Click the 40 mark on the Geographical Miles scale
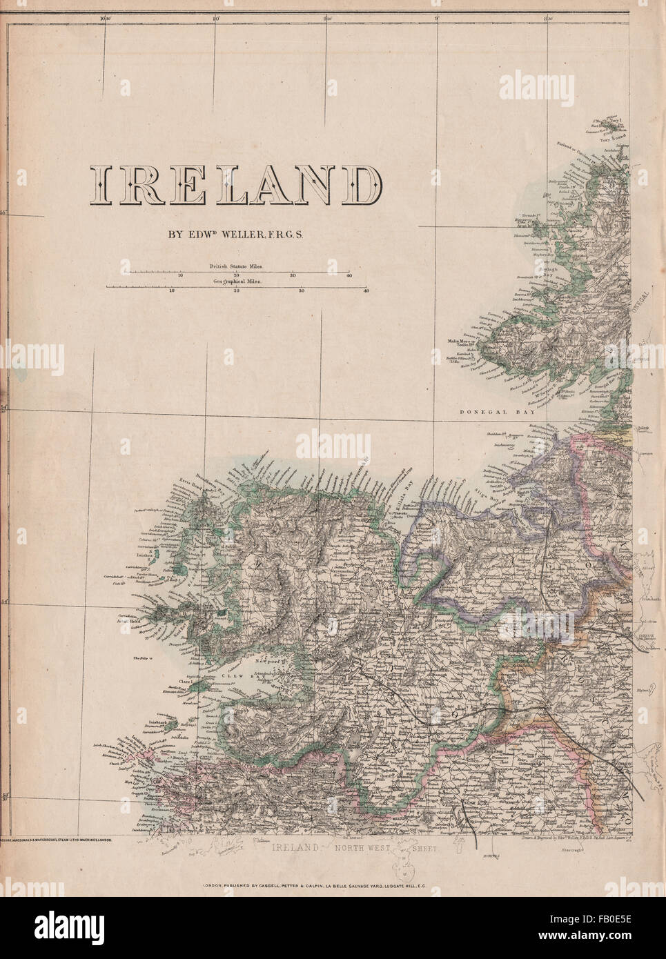click(366, 291)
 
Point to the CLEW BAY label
click(239, 678)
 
